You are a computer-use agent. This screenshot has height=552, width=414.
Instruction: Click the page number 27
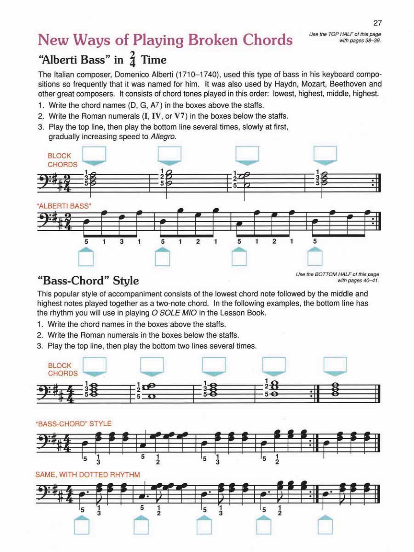tap(377, 23)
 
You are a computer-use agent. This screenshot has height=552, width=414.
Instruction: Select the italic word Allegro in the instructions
tap(163, 137)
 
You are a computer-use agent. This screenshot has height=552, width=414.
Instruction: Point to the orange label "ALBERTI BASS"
tap(64, 206)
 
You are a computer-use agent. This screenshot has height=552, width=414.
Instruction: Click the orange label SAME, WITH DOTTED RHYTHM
tap(88, 475)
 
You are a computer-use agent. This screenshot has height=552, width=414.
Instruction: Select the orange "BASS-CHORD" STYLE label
tap(74, 424)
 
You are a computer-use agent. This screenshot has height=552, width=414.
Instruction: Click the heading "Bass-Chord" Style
tap(88, 281)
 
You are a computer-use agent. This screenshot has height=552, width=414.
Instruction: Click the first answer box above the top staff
tap(94, 153)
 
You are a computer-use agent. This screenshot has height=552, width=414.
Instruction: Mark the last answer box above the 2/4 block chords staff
tap(325, 153)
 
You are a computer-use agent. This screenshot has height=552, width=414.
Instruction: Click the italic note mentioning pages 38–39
tap(345, 37)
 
